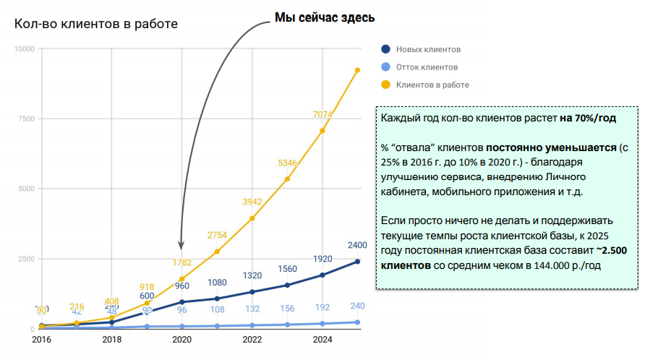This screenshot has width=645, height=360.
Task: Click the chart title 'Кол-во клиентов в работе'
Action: coord(96,24)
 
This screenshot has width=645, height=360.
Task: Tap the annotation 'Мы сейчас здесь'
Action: coord(325,17)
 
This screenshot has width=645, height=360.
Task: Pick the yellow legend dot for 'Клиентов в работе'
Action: coord(385,85)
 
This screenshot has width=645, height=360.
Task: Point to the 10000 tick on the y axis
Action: coord(24,49)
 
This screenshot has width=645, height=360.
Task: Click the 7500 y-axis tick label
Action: coord(26,119)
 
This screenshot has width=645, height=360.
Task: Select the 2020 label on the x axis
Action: coord(182,340)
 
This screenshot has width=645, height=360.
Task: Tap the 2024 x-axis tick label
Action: coord(322,340)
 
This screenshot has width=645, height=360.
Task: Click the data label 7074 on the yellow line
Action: coord(322,114)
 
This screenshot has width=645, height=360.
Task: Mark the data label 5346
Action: coord(288,163)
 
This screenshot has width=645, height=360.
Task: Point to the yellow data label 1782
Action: coord(182,262)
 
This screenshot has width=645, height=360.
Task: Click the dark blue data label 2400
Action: coord(357,245)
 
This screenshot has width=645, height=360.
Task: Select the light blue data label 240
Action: coord(357,306)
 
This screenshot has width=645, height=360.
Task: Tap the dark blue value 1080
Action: coord(218,282)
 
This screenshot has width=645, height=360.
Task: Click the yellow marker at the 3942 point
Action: coord(252,218)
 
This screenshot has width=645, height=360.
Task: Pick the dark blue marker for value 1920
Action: coord(322,275)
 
